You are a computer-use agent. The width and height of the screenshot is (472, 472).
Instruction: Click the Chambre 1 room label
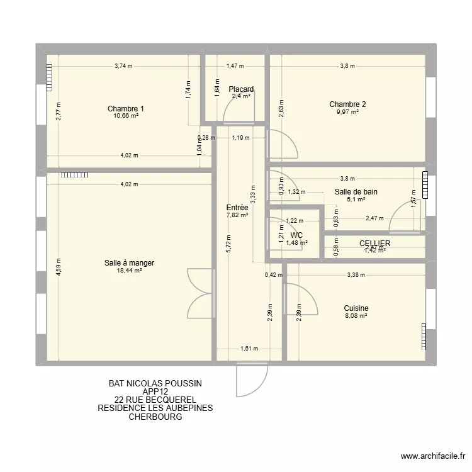tap(125, 109)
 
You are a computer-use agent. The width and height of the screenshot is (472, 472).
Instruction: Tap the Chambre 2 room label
tap(347, 104)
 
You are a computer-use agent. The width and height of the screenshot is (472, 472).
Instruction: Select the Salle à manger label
tap(130, 262)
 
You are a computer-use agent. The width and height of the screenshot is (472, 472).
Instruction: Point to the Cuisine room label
tap(356, 308)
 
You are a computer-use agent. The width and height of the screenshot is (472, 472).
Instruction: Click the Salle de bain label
tap(356, 192)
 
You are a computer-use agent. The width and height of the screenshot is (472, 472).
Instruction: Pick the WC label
tap(296, 235)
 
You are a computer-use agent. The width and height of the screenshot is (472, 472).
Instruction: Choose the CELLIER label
tap(375, 243)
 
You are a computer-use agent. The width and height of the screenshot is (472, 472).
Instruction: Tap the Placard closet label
tap(241, 89)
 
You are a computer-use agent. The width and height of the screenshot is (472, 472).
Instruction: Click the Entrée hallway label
tap(237, 207)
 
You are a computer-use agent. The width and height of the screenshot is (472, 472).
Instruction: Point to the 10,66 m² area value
tap(125, 116)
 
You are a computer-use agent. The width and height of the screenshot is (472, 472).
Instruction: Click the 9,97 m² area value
tap(347, 112)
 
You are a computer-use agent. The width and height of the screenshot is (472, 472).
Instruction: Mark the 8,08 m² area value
tap(356, 315)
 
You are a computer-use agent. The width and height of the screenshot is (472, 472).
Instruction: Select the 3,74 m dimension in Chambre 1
tap(124, 65)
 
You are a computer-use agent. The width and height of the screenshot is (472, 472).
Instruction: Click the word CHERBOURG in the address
tap(155, 416)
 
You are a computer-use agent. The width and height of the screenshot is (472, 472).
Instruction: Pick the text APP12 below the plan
tap(155, 391)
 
